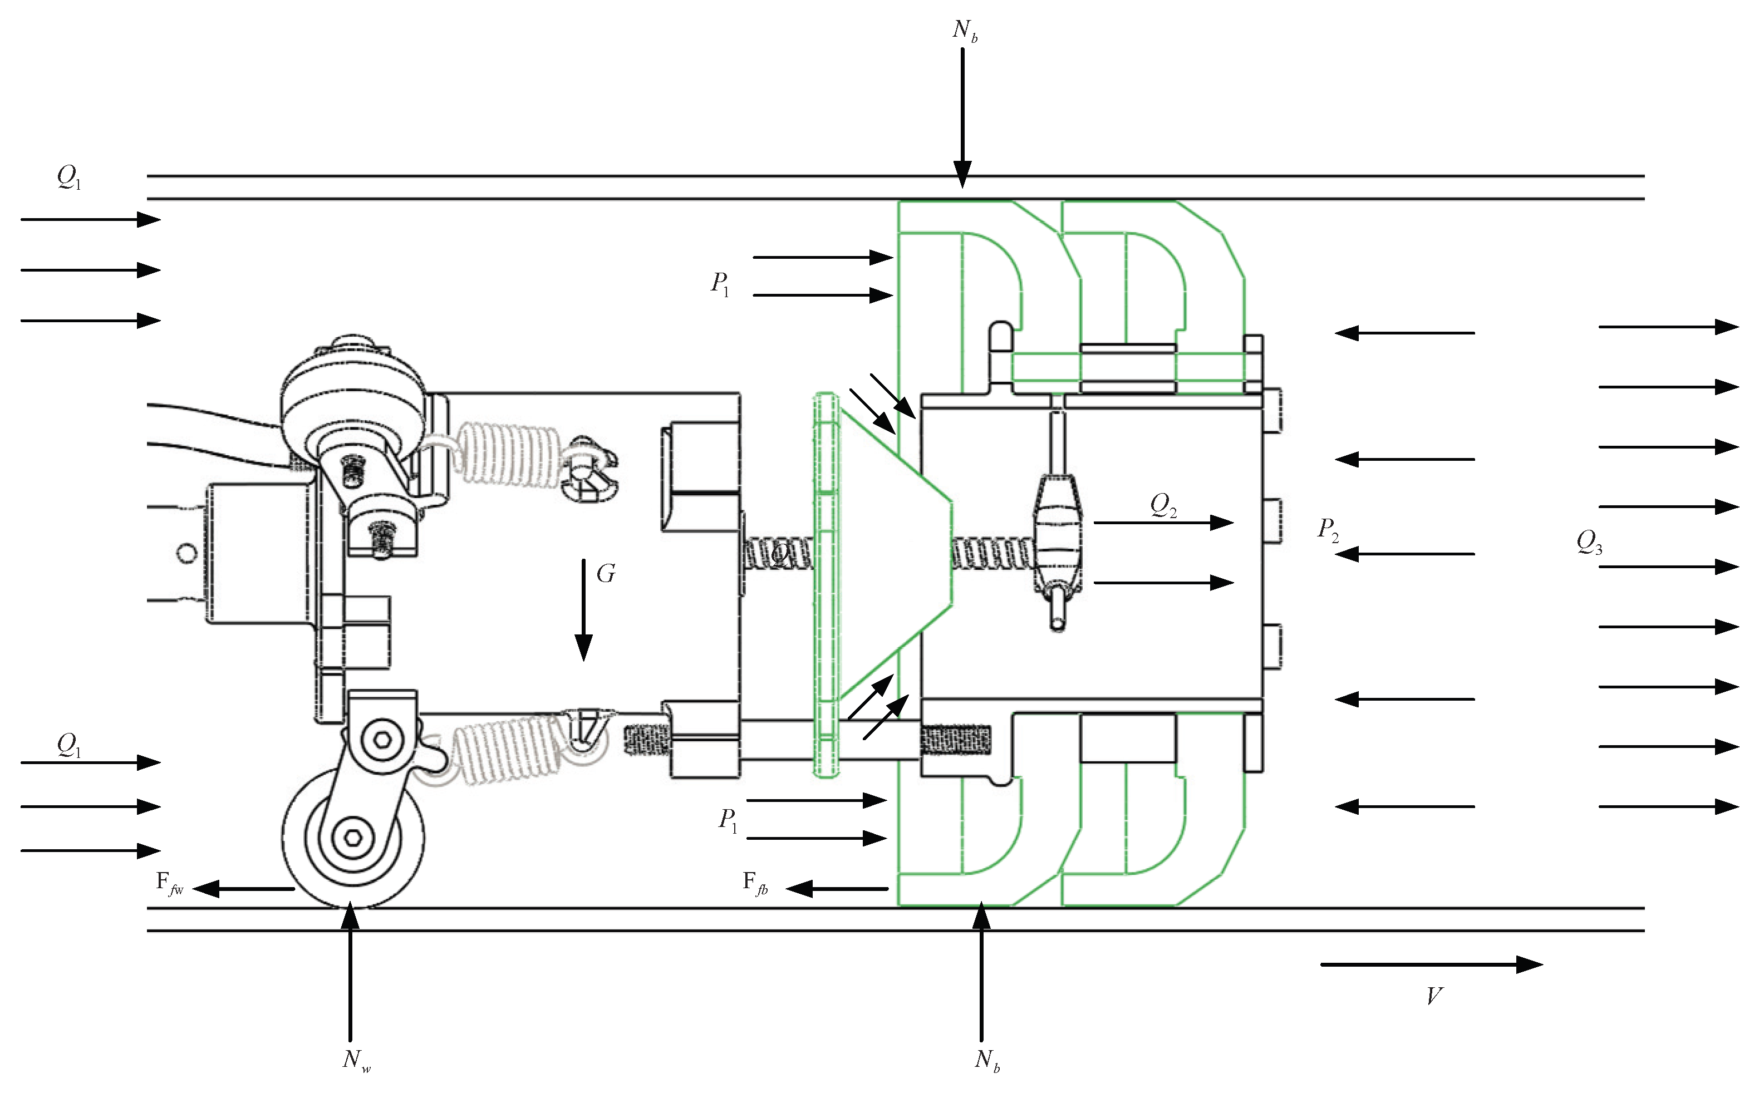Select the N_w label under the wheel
(x=356, y=1061)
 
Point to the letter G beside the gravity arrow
(x=606, y=574)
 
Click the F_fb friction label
(x=755, y=883)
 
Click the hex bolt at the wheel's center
(x=353, y=838)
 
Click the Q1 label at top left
(x=68, y=176)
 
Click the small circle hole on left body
(x=186, y=553)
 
